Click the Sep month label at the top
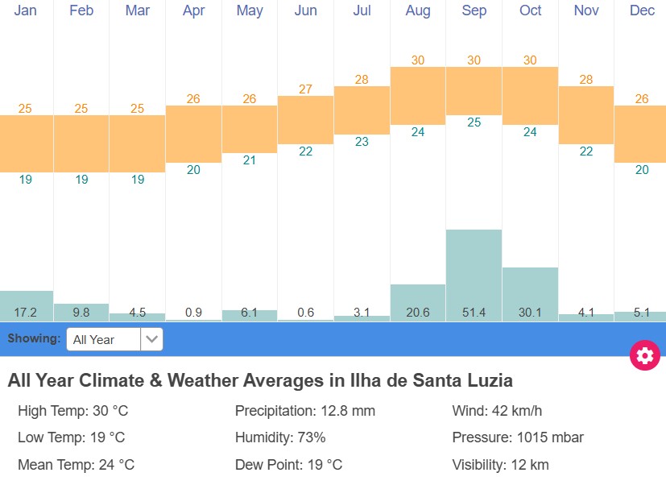point(474,10)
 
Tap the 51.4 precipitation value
point(474,313)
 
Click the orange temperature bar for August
point(417,96)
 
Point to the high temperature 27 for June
point(305,89)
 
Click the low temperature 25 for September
point(474,122)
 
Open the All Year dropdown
point(114,339)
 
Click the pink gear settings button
point(644,355)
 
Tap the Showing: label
point(34,338)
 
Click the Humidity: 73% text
point(280,437)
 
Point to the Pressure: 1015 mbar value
point(518,437)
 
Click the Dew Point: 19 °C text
point(288,465)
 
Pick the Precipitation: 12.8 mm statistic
point(304,411)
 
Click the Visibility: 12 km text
point(500,465)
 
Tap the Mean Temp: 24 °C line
point(76,465)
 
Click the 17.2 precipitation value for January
point(26,313)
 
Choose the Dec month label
point(642,10)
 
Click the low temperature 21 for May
point(250,160)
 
